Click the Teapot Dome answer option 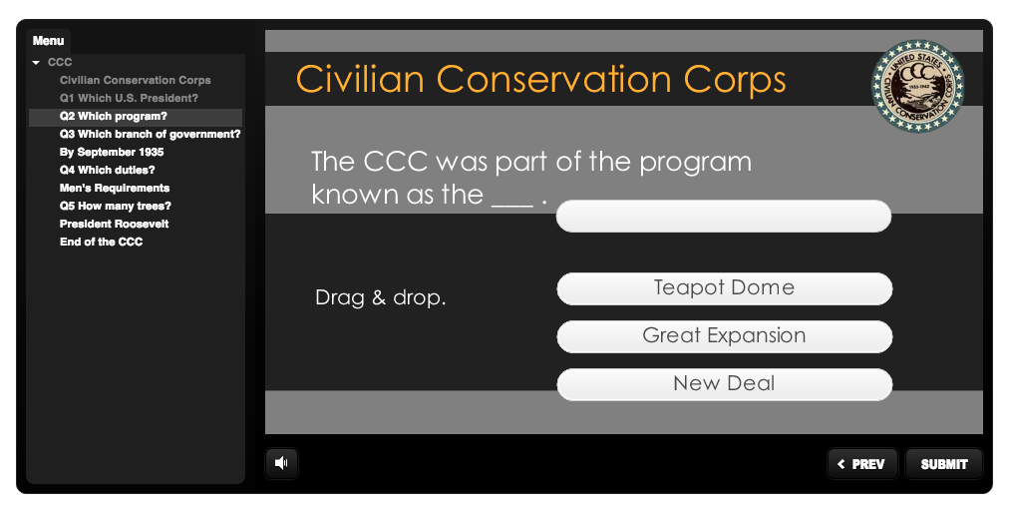coord(724,288)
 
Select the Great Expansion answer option coord(724,336)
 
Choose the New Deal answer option coord(724,384)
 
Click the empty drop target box coord(724,216)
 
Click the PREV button coord(861,464)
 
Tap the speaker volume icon coord(281,462)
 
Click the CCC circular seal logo coord(917,86)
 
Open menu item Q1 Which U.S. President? coord(129,98)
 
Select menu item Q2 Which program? coord(114,116)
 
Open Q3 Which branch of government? coord(151,134)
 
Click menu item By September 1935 coord(112,153)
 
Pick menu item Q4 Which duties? coord(107,171)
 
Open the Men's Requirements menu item coord(115,189)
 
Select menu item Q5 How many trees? coord(116,207)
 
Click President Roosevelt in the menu coord(114,224)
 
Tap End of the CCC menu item coord(101,242)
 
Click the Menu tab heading coord(48,41)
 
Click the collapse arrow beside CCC coord(36,63)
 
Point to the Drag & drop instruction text coord(380,297)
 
